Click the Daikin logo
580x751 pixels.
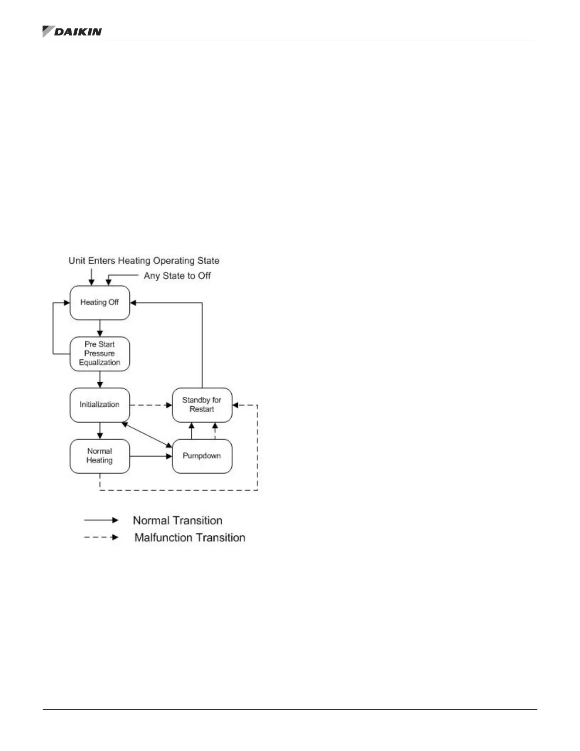point(72,32)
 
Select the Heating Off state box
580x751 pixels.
point(100,302)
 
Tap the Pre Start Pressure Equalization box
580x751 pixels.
point(100,354)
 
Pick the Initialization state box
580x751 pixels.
point(100,405)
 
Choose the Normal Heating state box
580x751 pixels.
point(100,456)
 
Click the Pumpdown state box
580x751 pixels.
point(202,456)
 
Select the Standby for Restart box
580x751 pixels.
point(202,405)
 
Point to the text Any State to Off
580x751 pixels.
point(177,276)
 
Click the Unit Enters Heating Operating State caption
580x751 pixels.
point(144,261)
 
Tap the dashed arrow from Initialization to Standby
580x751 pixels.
point(151,405)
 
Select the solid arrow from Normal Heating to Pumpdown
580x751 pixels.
point(151,457)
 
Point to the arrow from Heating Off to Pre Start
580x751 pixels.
point(100,328)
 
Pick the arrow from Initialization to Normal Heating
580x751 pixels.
point(100,430)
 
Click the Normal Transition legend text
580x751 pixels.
point(177,521)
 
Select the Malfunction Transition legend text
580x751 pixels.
point(190,538)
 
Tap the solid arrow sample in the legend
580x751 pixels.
point(101,521)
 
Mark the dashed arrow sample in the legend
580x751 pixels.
point(101,538)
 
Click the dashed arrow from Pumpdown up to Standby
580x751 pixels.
point(215,430)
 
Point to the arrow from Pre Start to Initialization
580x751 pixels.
point(100,379)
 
